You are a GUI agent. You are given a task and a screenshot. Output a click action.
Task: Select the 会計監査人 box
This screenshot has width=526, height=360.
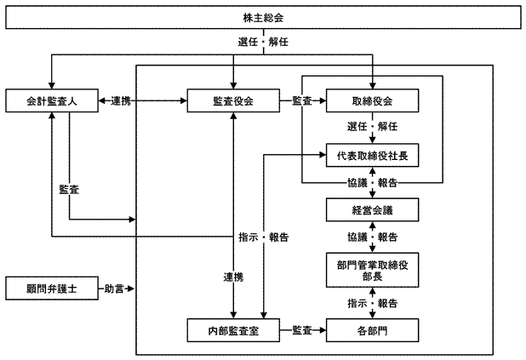(52, 101)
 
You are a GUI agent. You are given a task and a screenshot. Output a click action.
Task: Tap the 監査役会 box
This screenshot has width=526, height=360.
(234, 101)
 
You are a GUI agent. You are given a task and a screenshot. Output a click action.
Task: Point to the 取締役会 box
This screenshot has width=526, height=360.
(373, 101)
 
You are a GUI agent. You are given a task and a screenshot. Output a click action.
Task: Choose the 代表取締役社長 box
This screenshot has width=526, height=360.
(373, 155)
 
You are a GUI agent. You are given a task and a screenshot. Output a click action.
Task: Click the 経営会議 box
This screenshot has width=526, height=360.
(373, 209)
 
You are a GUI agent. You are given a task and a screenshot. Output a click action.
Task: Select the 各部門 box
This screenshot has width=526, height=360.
(373, 329)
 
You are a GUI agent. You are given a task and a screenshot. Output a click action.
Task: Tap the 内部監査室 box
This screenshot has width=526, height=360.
(234, 329)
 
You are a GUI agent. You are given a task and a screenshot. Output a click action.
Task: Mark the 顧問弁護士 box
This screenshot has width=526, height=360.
(52, 289)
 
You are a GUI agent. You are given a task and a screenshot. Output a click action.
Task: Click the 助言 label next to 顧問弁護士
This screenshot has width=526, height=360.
(115, 289)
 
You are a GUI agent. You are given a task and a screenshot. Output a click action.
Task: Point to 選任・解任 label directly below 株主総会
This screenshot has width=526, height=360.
(264, 41)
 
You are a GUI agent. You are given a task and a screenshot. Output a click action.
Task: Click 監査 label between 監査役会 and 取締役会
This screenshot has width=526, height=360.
(302, 101)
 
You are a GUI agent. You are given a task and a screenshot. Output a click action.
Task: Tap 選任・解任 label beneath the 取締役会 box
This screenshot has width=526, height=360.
(373, 126)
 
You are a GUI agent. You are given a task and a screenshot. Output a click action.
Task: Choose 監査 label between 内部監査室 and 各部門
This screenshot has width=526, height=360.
(302, 329)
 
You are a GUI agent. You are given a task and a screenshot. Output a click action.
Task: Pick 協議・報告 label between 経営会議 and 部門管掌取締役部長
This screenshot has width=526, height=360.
(373, 237)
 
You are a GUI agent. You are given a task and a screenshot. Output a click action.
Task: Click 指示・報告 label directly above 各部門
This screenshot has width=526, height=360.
(373, 302)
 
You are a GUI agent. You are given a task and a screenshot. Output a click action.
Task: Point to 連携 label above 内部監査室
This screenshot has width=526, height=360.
(234, 277)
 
